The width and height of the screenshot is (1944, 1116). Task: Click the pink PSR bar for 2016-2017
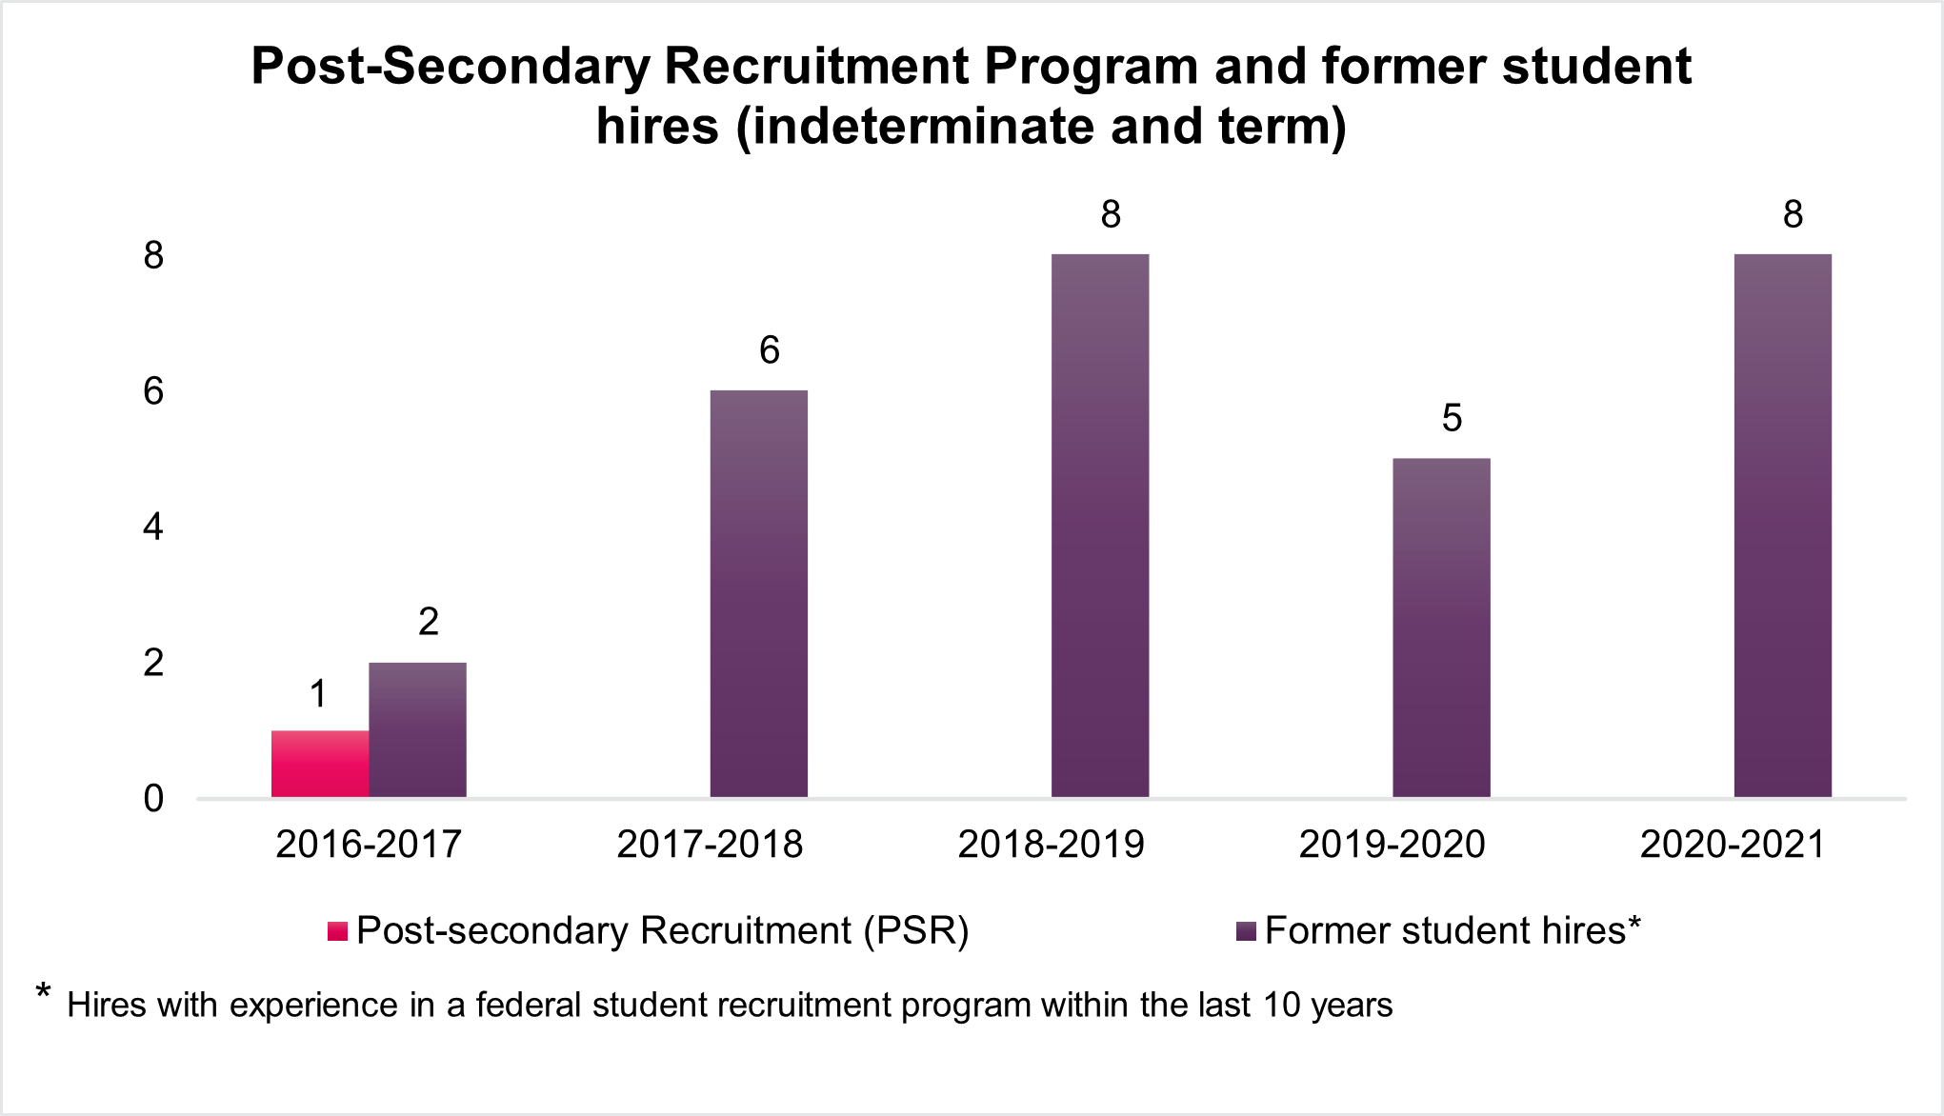click(320, 764)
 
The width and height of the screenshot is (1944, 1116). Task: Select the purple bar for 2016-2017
click(417, 729)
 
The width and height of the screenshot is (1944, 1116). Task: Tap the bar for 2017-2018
click(758, 593)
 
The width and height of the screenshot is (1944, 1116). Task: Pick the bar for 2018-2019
click(1100, 526)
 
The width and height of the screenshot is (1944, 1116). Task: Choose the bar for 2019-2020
click(1441, 628)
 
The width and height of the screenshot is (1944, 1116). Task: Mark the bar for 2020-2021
click(1782, 526)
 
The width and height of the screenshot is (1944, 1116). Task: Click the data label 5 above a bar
click(1452, 418)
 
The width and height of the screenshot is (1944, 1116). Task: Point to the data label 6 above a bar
click(770, 350)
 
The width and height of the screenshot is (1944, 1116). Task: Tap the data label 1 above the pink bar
click(319, 694)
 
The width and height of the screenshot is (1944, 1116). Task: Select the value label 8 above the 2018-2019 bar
click(1111, 214)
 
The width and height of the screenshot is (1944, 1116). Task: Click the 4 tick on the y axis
click(153, 527)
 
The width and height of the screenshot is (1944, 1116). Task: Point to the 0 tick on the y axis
click(153, 798)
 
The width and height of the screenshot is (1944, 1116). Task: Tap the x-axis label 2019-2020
click(1392, 845)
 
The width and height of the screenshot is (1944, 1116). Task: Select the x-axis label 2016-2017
click(369, 845)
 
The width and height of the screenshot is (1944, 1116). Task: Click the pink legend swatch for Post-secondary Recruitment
click(337, 931)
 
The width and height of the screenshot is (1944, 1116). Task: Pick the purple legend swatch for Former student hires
click(1246, 931)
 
